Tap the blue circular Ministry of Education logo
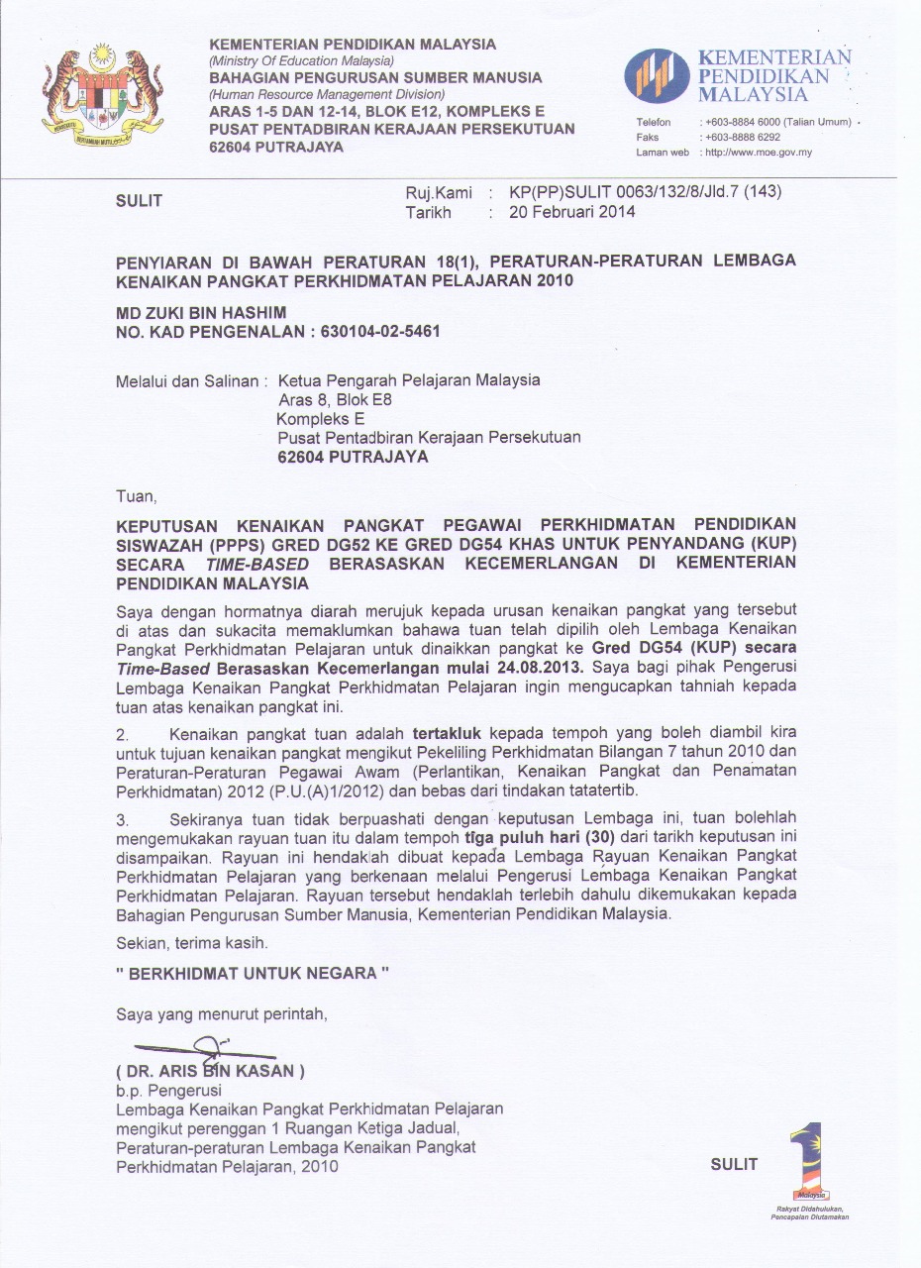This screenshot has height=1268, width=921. [x=656, y=75]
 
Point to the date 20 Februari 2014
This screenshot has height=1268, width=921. [x=572, y=211]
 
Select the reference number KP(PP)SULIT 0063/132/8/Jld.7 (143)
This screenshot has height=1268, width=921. [x=645, y=192]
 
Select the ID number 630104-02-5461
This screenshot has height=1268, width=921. [x=380, y=331]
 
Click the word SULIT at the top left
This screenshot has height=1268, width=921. [x=140, y=201]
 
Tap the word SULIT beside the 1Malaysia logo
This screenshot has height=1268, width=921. [x=734, y=1164]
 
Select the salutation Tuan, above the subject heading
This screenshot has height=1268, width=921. [x=137, y=494]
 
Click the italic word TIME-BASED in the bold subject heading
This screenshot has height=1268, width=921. [x=257, y=563]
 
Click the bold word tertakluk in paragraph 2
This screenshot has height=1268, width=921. [x=448, y=734]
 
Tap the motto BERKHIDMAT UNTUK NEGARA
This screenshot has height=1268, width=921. [x=253, y=973]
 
